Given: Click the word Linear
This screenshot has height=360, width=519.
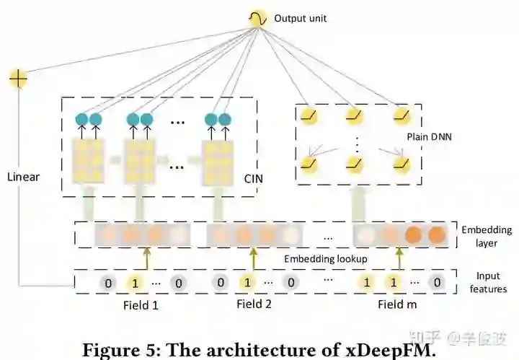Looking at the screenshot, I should (25, 176).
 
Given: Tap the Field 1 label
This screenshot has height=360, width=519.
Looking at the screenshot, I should (141, 304).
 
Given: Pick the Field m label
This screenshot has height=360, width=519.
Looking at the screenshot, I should (397, 304).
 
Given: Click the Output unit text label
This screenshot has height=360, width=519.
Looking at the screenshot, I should (300, 17).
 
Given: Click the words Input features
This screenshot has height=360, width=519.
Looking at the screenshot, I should (491, 283).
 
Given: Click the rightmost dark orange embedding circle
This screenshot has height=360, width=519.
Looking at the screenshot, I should (436, 234).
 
